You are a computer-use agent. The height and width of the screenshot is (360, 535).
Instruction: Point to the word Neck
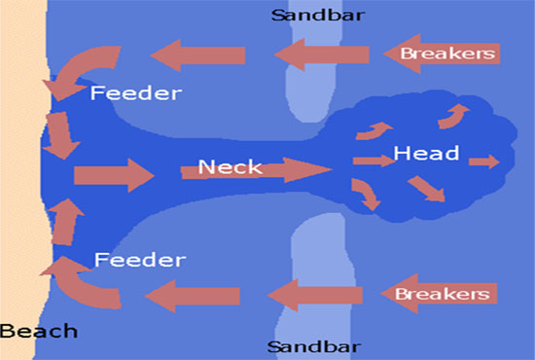(x=230, y=167)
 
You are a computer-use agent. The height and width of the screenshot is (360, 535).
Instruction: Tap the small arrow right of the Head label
(x=483, y=162)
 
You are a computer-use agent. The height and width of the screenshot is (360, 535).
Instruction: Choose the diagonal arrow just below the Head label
(x=426, y=188)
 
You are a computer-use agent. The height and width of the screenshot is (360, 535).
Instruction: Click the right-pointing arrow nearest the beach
(x=113, y=177)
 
